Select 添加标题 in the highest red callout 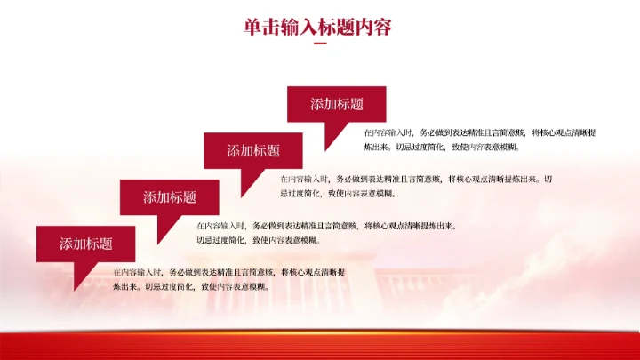pyautogui.click(x=336, y=104)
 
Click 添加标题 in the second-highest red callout pyautogui.click(x=252, y=150)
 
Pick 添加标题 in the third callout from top pyautogui.click(x=169, y=197)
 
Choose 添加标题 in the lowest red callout pyautogui.click(x=85, y=244)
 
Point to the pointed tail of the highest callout pyautogui.click(x=332, y=137)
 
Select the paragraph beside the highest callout pyautogui.click(x=479, y=140)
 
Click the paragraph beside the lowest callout pyautogui.click(x=228, y=279)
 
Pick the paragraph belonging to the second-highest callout pyautogui.click(x=416, y=186)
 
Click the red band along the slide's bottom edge pyautogui.click(x=320, y=345)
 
